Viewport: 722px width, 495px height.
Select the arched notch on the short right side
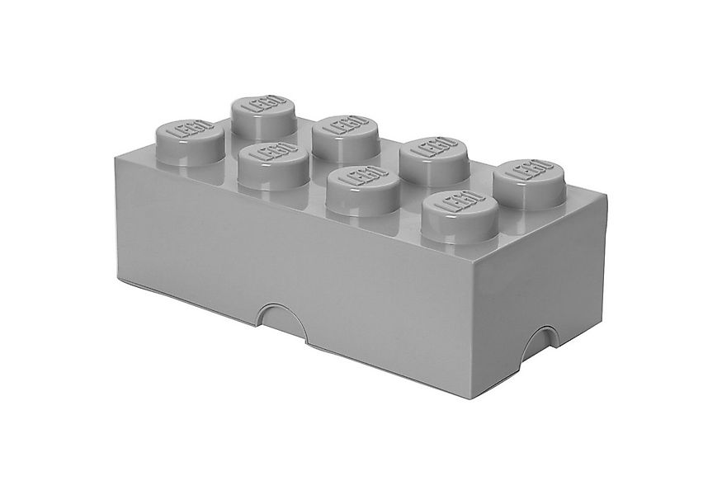pos(536,339)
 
